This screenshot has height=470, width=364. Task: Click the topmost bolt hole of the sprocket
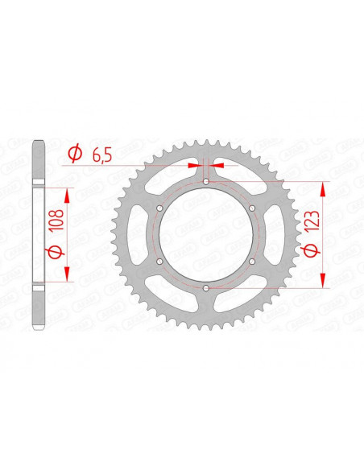pos(206,182)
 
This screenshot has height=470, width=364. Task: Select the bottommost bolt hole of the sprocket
pos(206,287)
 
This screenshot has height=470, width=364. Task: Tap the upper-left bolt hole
pos(160,208)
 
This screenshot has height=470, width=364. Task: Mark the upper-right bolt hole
pos(252,208)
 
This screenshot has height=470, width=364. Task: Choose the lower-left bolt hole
pos(160,261)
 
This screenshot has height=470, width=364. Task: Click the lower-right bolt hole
pos(252,261)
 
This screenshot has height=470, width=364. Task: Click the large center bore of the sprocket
pos(206,235)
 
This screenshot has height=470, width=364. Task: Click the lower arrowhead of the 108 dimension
pos(67,275)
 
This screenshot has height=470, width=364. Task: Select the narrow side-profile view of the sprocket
pos(37,235)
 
